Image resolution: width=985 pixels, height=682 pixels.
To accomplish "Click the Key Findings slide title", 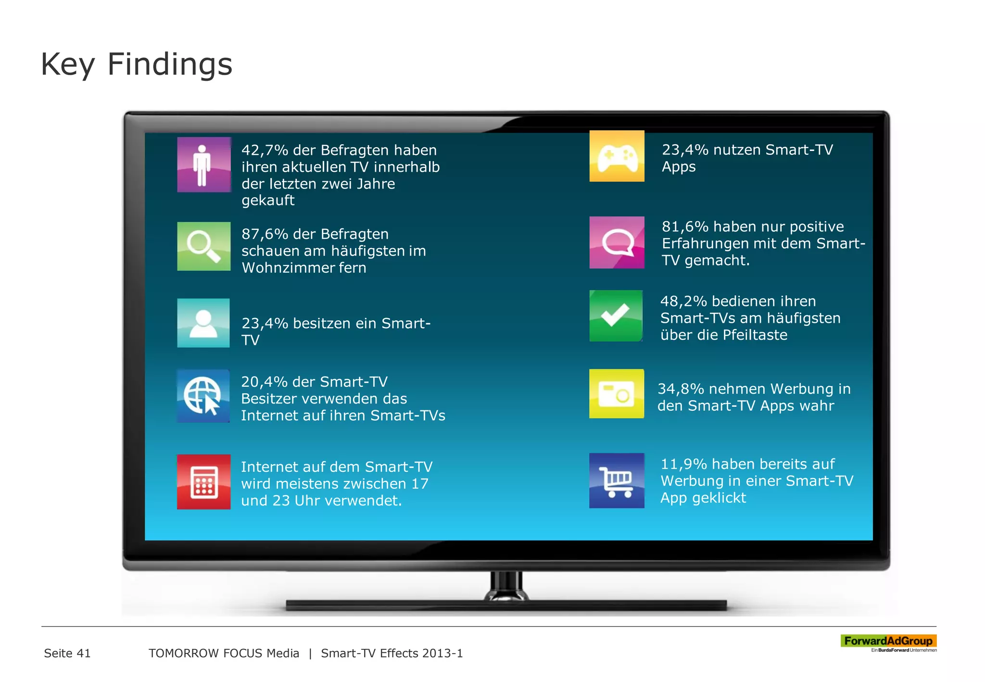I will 137,64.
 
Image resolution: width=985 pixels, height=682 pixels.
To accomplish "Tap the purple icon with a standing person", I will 204,164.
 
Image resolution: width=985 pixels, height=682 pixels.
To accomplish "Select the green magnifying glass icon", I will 204,246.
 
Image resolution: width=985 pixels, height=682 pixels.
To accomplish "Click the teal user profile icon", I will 203,323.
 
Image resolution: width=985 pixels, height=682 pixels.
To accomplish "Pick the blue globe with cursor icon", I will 203,396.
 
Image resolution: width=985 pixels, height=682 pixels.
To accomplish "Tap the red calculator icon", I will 204,481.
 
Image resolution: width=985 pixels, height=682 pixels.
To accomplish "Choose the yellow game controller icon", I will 617,156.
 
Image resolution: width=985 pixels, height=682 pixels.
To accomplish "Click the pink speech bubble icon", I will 617,242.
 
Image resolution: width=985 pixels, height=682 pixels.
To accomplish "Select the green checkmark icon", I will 616,316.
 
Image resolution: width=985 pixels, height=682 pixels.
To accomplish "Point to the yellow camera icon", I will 617,393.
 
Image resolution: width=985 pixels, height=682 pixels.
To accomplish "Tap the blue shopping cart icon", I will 617,480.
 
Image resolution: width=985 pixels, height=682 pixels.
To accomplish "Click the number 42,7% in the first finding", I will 265,150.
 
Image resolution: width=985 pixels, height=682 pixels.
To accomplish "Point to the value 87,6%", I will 265,234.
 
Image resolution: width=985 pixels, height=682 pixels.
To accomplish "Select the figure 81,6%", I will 685,227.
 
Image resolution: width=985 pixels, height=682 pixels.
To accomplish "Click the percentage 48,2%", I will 683,302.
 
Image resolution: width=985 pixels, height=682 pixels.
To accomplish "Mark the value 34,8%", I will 681,389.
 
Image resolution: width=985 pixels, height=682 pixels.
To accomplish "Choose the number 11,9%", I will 683,464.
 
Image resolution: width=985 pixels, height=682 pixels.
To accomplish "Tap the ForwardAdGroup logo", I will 888,642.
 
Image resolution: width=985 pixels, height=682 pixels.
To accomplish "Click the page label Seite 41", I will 67,653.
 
